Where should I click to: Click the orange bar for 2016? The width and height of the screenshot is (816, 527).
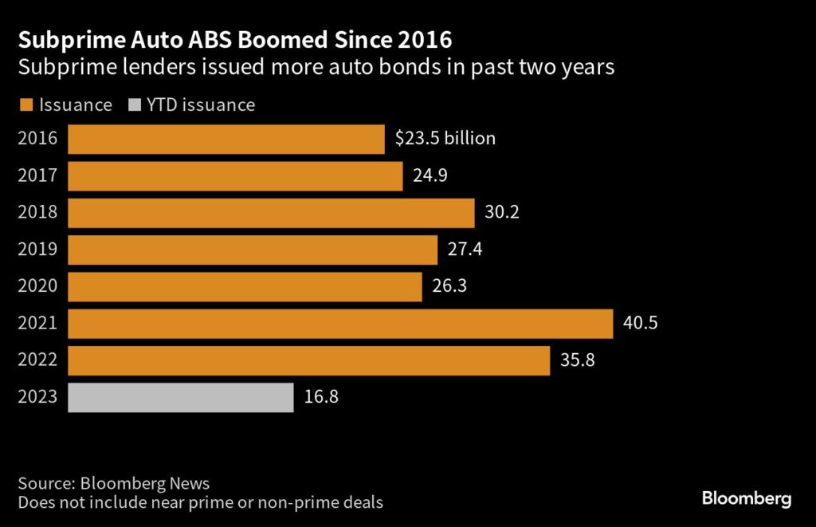(x=226, y=139)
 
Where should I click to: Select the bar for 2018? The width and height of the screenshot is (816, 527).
(x=271, y=213)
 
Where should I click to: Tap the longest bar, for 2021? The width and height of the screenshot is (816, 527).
(x=340, y=324)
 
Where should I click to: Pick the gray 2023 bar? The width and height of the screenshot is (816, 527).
(x=181, y=397)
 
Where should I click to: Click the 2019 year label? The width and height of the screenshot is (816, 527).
(x=37, y=250)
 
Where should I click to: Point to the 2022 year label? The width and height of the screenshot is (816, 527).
(x=37, y=360)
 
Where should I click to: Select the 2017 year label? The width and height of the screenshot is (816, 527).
(x=37, y=175)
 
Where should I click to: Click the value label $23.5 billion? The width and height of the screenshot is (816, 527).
(x=445, y=139)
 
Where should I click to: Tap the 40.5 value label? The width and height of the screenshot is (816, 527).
(x=641, y=324)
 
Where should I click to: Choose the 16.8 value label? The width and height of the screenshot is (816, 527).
(x=321, y=397)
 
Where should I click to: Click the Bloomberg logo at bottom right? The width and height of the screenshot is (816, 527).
(x=747, y=499)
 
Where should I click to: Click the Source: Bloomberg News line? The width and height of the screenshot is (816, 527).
(x=113, y=483)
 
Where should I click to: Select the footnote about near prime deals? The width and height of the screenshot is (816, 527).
(x=200, y=502)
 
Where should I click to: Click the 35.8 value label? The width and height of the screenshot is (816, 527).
(x=578, y=360)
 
